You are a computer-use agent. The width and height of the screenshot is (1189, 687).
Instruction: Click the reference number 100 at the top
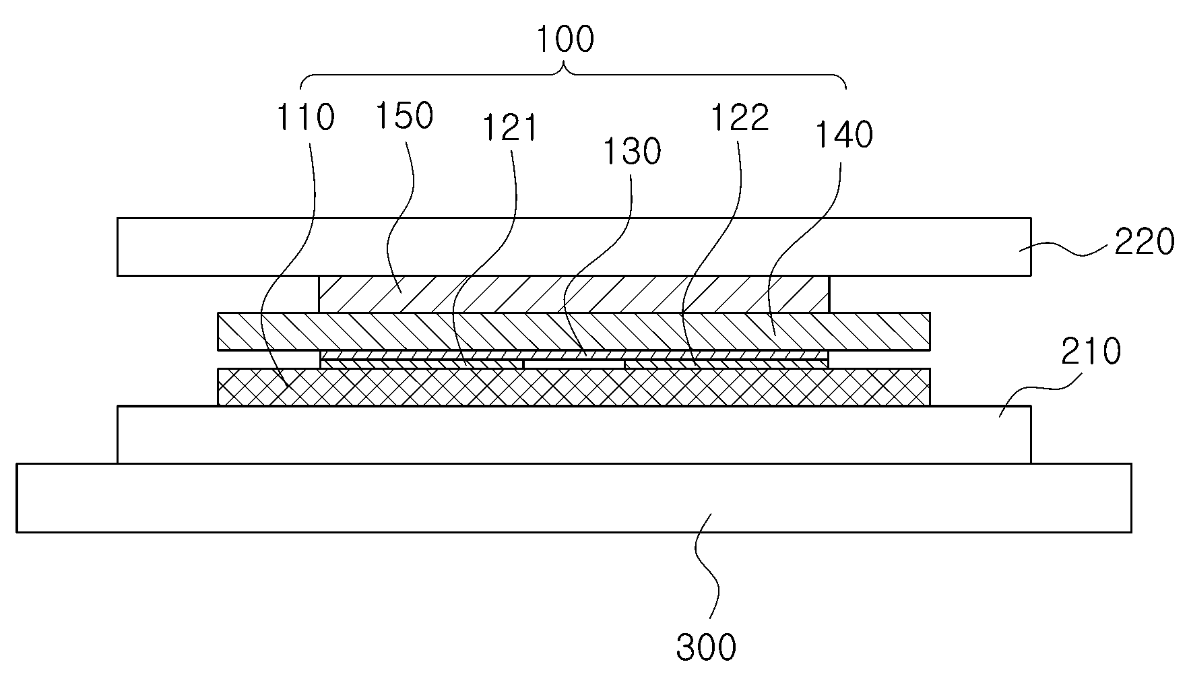coord(565,40)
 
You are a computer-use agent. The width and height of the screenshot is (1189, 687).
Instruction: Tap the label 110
coord(305,117)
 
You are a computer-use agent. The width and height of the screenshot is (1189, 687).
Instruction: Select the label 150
coord(404,115)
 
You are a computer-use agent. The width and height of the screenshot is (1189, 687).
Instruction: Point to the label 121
coord(511,128)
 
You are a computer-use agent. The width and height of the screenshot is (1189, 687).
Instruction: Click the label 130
coord(632,152)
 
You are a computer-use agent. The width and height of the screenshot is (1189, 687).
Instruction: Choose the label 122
coord(740,117)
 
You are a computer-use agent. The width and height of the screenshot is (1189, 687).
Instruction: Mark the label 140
coord(844,135)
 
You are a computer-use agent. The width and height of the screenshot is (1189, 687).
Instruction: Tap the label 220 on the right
coord(1144,242)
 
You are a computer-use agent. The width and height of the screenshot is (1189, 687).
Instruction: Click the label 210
coord(1091,351)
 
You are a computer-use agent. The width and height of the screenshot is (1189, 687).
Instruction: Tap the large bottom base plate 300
coord(574,498)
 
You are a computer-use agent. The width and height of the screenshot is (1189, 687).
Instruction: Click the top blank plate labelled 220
coord(574,247)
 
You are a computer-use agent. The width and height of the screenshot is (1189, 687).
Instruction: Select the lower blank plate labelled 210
coord(574,434)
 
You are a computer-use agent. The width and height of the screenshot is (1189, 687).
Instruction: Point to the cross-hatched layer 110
coord(574,387)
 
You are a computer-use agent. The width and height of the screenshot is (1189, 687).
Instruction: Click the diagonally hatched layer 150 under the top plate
coord(574,294)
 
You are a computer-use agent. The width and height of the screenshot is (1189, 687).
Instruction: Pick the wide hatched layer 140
coord(574,331)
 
